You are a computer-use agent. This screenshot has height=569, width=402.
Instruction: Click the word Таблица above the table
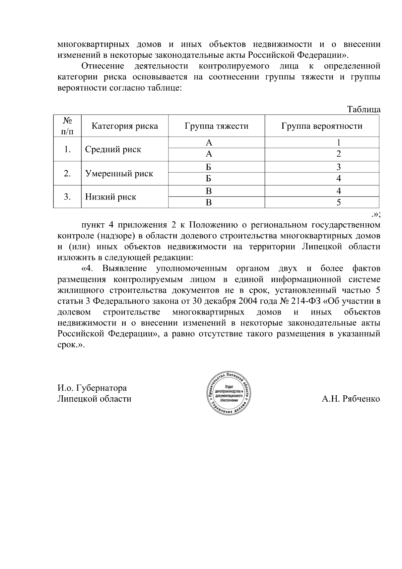pyautogui.click(x=363, y=110)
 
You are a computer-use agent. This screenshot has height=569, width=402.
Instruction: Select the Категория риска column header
pyautogui.click(x=125, y=126)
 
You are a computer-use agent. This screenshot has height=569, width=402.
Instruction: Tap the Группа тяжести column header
pyautogui.click(x=216, y=126)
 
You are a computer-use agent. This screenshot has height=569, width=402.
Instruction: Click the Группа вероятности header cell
pyautogui.click(x=322, y=126)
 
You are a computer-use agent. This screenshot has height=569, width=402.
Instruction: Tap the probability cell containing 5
pyautogui.click(x=339, y=203)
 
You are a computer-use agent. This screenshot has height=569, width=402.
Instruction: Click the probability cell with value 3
pyautogui.click(x=339, y=167)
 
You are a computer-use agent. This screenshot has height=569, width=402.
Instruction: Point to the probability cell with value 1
pyautogui.click(x=339, y=143)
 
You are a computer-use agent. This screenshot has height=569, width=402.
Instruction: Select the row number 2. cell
pyautogui.click(x=67, y=173)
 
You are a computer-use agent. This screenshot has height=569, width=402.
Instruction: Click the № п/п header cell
pyautogui.click(x=67, y=126)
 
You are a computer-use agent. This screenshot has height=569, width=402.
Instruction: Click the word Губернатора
pyautogui.click(x=102, y=388)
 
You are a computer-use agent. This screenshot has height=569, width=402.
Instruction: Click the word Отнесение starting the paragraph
pyautogui.click(x=103, y=66)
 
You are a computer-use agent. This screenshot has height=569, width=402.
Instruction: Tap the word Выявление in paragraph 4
pyautogui.click(x=125, y=269)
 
